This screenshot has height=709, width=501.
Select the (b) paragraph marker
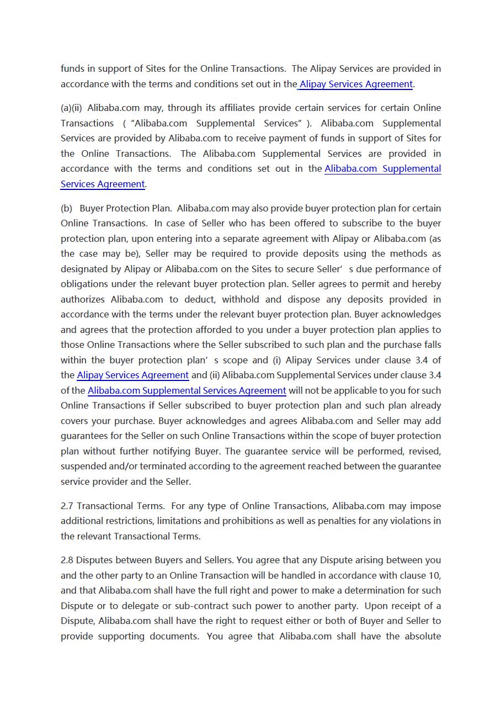click(x=66, y=208)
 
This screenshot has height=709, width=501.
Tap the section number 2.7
click(x=67, y=506)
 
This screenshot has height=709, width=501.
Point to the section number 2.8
click(x=67, y=560)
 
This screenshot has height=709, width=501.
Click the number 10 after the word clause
click(x=435, y=575)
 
